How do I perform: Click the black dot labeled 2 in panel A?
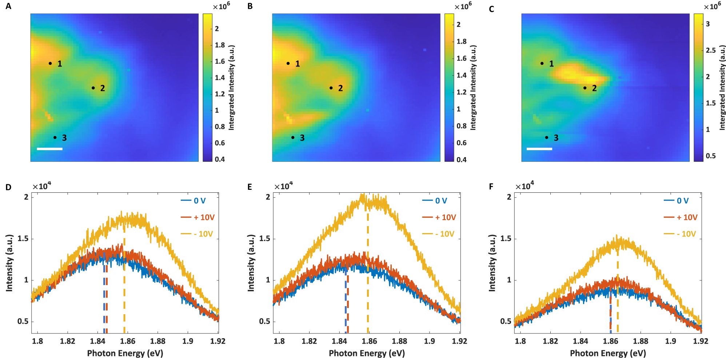(x=93, y=88)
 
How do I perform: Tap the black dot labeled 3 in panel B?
(x=293, y=137)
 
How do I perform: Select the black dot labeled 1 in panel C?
(x=542, y=63)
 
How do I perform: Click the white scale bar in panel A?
(x=50, y=149)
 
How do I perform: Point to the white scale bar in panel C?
(x=539, y=149)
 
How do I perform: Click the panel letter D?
(x=8, y=187)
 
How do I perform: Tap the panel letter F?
(x=491, y=187)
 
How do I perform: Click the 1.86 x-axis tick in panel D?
(x=128, y=341)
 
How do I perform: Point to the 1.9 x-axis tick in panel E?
(x=429, y=341)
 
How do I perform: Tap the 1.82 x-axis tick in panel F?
(x=550, y=341)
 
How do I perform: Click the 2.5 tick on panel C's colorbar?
(x=711, y=50)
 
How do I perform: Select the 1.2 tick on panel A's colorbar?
(x=220, y=94)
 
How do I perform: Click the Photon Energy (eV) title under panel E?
(x=367, y=353)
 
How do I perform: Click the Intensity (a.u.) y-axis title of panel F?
(x=492, y=263)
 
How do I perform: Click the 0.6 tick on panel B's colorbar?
(x=461, y=143)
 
